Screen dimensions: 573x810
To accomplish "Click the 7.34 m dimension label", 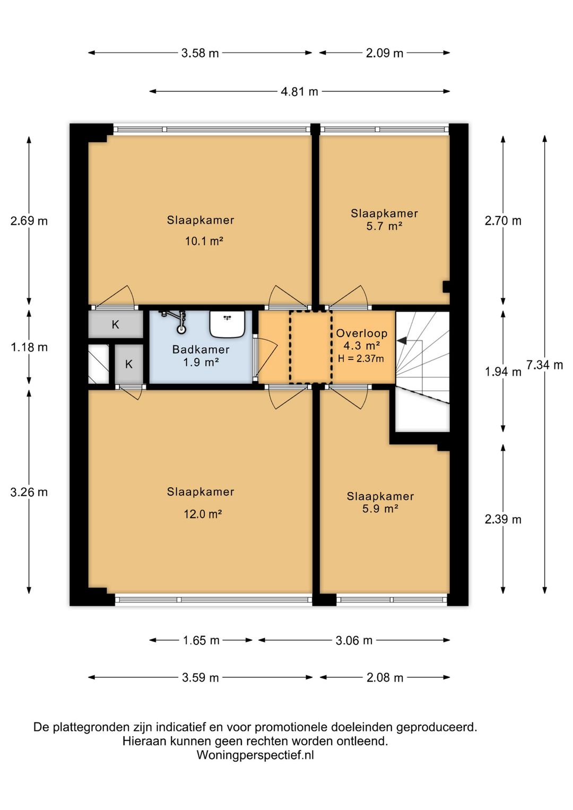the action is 544,365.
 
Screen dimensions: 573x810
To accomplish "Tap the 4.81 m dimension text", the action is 299,91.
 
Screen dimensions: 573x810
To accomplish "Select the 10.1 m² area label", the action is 204,241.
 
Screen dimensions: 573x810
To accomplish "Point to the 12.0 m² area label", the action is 203,514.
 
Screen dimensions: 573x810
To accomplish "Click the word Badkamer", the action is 201,349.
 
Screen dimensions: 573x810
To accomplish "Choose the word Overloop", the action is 361,333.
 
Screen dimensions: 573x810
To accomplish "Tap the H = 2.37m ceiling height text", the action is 361,359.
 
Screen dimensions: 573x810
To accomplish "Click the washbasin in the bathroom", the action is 228,324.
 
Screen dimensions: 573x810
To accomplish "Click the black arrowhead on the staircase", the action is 402,341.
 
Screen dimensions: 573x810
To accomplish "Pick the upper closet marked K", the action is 115,324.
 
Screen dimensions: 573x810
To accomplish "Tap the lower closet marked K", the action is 129,364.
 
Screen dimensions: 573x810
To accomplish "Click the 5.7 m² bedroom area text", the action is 384,226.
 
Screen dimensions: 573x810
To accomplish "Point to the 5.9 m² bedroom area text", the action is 380,509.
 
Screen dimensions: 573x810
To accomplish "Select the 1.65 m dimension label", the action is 201,640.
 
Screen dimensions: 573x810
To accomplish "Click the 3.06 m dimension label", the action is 354,640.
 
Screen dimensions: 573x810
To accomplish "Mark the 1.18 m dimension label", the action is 29,348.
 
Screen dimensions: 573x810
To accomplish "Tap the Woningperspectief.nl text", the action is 255,755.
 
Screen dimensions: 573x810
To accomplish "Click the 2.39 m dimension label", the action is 503,520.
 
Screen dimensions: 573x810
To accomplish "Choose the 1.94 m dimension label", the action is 503,372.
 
